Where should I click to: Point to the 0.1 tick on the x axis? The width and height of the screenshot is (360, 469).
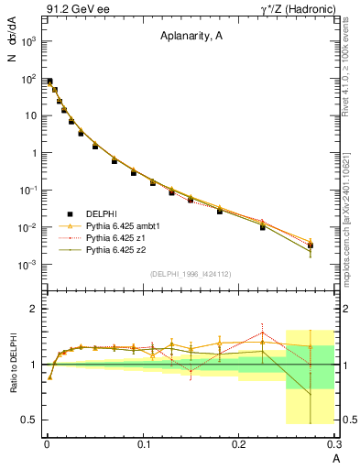click(143, 444)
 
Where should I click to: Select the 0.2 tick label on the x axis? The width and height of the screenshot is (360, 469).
click(239, 444)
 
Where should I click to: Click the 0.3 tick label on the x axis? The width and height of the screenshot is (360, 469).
click(334, 444)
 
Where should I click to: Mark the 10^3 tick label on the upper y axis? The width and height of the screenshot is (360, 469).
click(27, 41)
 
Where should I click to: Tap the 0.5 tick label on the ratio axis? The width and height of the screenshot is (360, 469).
click(28, 420)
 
